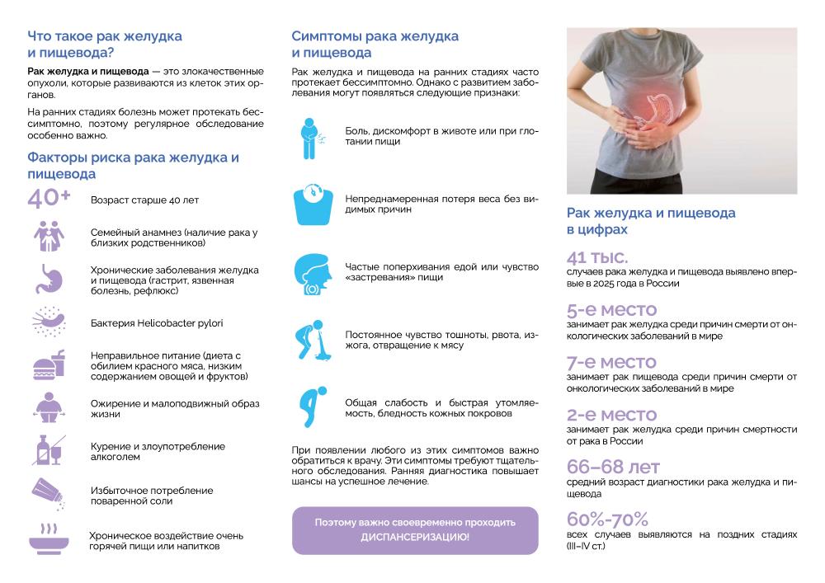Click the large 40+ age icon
[x=49, y=199]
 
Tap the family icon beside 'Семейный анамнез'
[x=49, y=236]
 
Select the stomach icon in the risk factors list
[x=49, y=279]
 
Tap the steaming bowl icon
[x=49, y=537]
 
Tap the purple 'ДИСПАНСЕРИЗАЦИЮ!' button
[x=414, y=529]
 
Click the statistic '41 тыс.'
[x=598, y=256]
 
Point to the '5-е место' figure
[x=611, y=310]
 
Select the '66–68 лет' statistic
[x=614, y=468]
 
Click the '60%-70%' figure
[x=608, y=520]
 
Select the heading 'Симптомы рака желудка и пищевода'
[x=375, y=45]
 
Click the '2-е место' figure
[x=611, y=414]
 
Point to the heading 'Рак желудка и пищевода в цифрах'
[x=651, y=220]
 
